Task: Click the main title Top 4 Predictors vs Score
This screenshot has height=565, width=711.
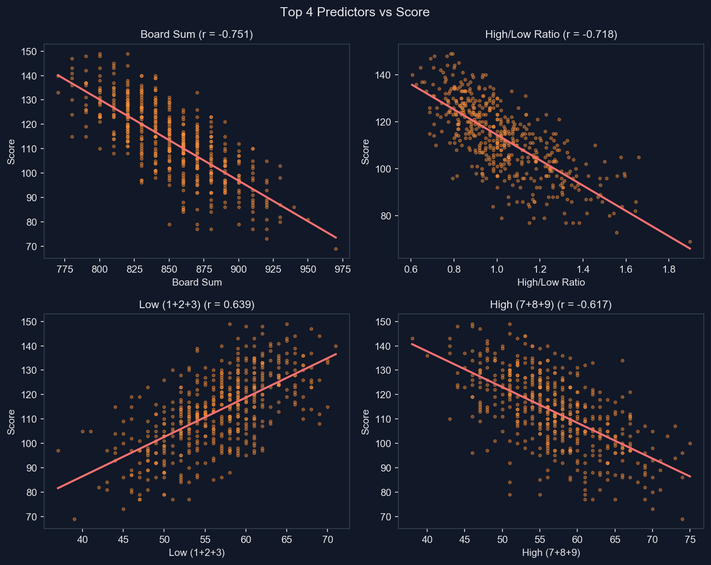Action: [x=355, y=12]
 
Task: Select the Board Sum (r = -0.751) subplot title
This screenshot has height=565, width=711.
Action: [x=197, y=35]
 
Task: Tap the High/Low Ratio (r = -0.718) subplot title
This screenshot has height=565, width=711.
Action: [x=551, y=35]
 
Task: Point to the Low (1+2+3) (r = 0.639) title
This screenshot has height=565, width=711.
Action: [x=197, y=305]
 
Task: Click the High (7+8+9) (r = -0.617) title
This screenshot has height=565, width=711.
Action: [x=551, y=305]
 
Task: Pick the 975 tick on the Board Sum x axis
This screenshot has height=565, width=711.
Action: [x=336, y=269]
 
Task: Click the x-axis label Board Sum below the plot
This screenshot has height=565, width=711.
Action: [x=197, y=282]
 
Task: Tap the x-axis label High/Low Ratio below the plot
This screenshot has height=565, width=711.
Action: [x=551, y=282]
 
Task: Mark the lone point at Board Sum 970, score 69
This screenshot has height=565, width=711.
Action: [x=336, y=249]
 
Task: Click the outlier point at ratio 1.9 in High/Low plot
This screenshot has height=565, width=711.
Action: [x=690, y=242]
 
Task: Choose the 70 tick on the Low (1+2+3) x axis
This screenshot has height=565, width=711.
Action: [x=327, y=539]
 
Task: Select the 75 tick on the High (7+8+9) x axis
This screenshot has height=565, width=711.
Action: [x=690, y=539]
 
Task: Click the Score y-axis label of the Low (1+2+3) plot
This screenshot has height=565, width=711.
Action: [x=11, y=422]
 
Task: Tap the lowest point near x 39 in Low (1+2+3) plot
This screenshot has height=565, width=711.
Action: [x=74, y=519]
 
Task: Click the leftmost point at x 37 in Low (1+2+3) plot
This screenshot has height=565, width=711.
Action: [x=58, y=450]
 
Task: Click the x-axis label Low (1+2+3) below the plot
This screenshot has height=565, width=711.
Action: [x=197, y=553]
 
